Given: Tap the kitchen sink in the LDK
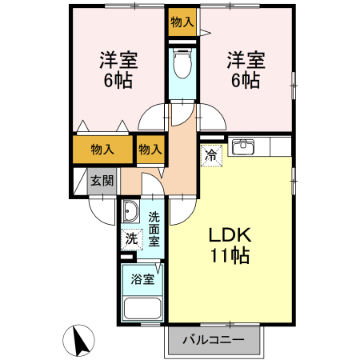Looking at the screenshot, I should coord(242,146).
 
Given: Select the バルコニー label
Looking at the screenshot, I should coord(214,339).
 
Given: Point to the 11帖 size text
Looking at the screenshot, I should coord(231,256).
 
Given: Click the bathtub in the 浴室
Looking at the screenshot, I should coord(142,309).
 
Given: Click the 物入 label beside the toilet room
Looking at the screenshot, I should coord(182,22).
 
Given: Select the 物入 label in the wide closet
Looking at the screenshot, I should coord(102,149).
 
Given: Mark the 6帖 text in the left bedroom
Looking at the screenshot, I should coord(118,80).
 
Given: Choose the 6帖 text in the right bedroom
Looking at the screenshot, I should coord(245,80).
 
